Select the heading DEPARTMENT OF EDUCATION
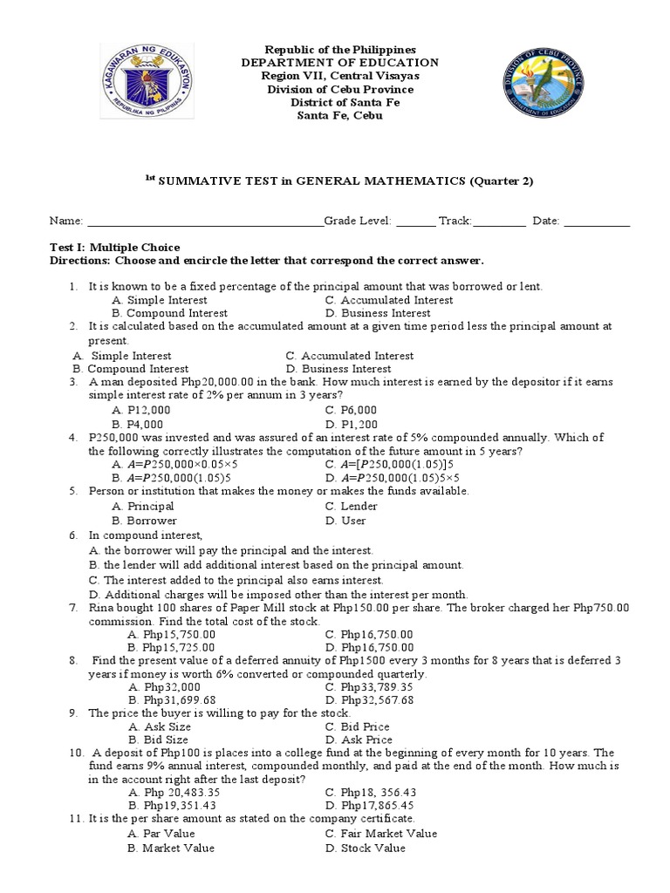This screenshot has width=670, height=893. pyautogui.click(x=339, y=63)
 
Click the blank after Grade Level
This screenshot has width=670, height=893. pyautogui.click(x=416, y=222)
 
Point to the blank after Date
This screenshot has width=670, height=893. pyautogui.click(x=597, y=222)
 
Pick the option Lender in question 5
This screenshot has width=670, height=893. pyautogui.click(x=351, y=506)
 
